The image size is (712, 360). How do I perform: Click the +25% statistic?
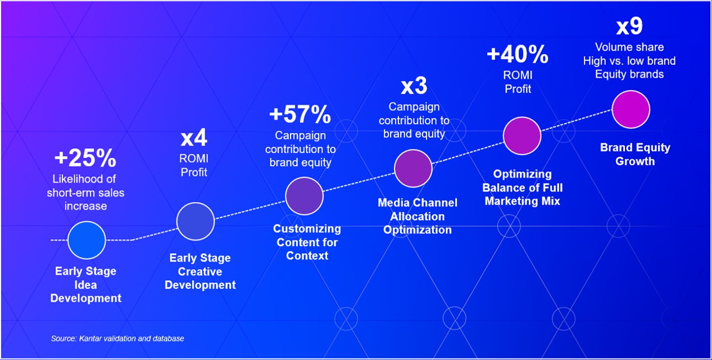[85, 159]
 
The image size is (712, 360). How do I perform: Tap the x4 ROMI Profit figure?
[194, 138]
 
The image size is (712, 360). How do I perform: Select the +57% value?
[300, 115]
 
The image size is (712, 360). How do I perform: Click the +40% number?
[517, 55]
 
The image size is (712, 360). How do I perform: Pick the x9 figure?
[629, 27]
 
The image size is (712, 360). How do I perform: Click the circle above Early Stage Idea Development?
[87, 240]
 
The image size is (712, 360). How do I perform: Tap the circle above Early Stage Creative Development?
[196, 221]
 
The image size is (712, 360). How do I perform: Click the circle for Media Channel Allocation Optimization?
[413, 168]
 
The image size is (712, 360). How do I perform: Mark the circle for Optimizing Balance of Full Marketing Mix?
[521, 136]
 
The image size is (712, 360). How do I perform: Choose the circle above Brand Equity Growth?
[631, 110]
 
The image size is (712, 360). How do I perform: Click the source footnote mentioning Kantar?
[117, 339]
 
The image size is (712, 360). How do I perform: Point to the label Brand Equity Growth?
[635, 154]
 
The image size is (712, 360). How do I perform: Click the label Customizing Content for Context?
[307, 242]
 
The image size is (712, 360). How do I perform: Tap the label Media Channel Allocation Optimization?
[418, 216]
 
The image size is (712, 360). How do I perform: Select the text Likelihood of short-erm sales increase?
[85, 193]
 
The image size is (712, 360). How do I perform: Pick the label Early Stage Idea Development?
[85, 285]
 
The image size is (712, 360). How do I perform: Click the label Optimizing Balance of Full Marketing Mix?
[522, 187]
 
